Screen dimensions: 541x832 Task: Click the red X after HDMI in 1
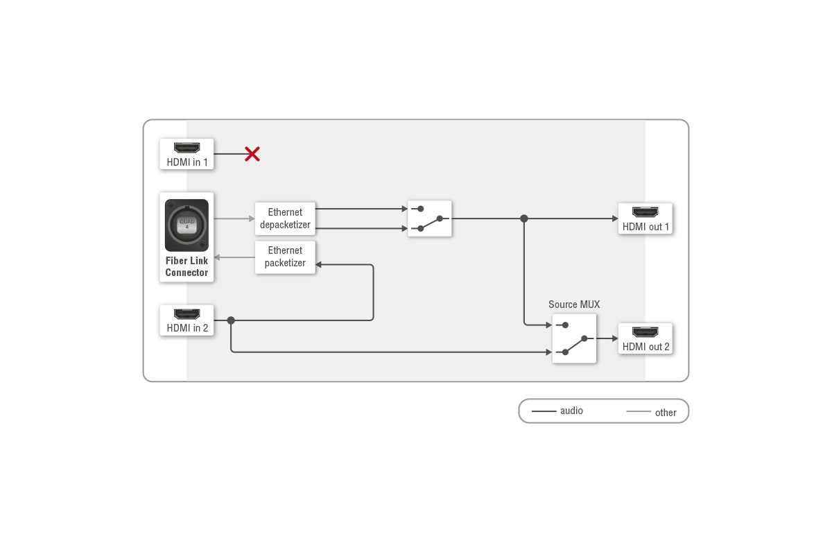pyautogui.click(x=252, y=154)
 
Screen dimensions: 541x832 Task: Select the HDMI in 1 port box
pyautogui.click(x=187, y=154)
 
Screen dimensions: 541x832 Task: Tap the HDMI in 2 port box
pyautogui.click(x=187, y=320)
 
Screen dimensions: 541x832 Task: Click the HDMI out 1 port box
pyautogui.click(x=645, y=218)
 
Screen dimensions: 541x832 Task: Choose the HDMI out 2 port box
pyautogui.click(x=645, y=338)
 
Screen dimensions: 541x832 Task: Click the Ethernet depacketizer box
pyautogui.click(x=285, y=218)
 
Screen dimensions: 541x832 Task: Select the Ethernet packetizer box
pyautogui.click(x=285, y=257)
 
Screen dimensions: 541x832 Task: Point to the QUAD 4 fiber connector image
pyautogui.click(x=187, y=225)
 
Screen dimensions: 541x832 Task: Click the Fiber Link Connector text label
pyautogui.click(x=187, y=267)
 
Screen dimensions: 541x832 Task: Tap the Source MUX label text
pyautogui.click(x=574, y=304)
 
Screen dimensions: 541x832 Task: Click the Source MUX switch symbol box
pyautogui.click(x=574, y=338)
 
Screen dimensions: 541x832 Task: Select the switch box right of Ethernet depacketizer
pyautogui.click(x=430, y=218)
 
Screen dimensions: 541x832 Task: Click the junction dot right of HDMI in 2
pyautogui.click(x=231, y=320)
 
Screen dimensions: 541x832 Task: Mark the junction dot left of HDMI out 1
pyautogui.click(x=524, y=218)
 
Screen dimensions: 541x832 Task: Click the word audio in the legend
pyautogui.click(x=571, y=411)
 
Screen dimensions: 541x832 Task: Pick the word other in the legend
pyautogui.click(x=666, y=413)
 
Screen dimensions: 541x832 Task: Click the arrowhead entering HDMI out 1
pyautogui.click(x=614, y=218)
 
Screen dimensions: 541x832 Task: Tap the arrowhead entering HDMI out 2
pyautogui.click(x=614, y=338)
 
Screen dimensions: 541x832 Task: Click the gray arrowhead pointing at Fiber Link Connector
pyautogui.click(x=218, y=257)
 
